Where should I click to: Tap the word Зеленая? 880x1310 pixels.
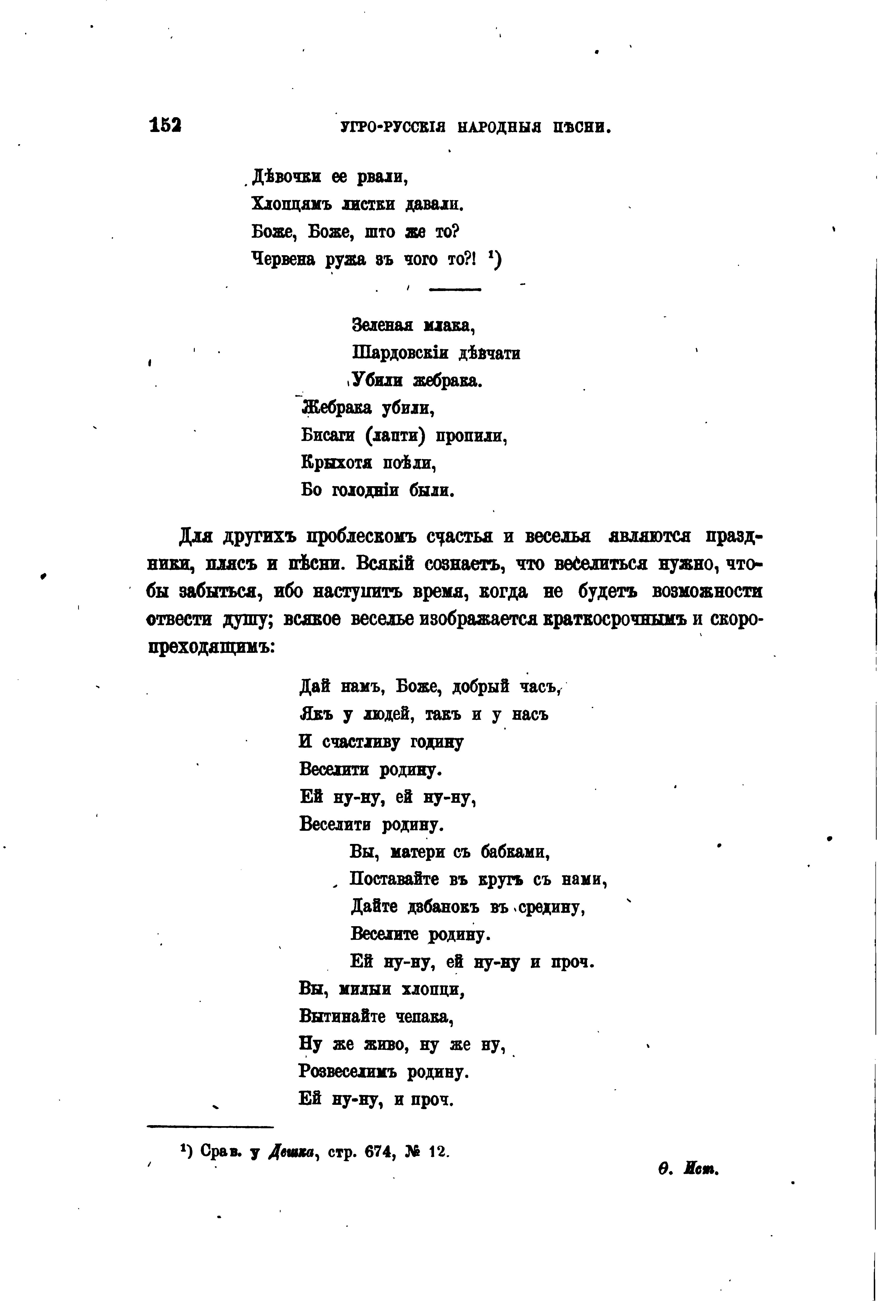point(382,325)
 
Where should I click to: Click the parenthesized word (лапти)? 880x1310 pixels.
point(397,436)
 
